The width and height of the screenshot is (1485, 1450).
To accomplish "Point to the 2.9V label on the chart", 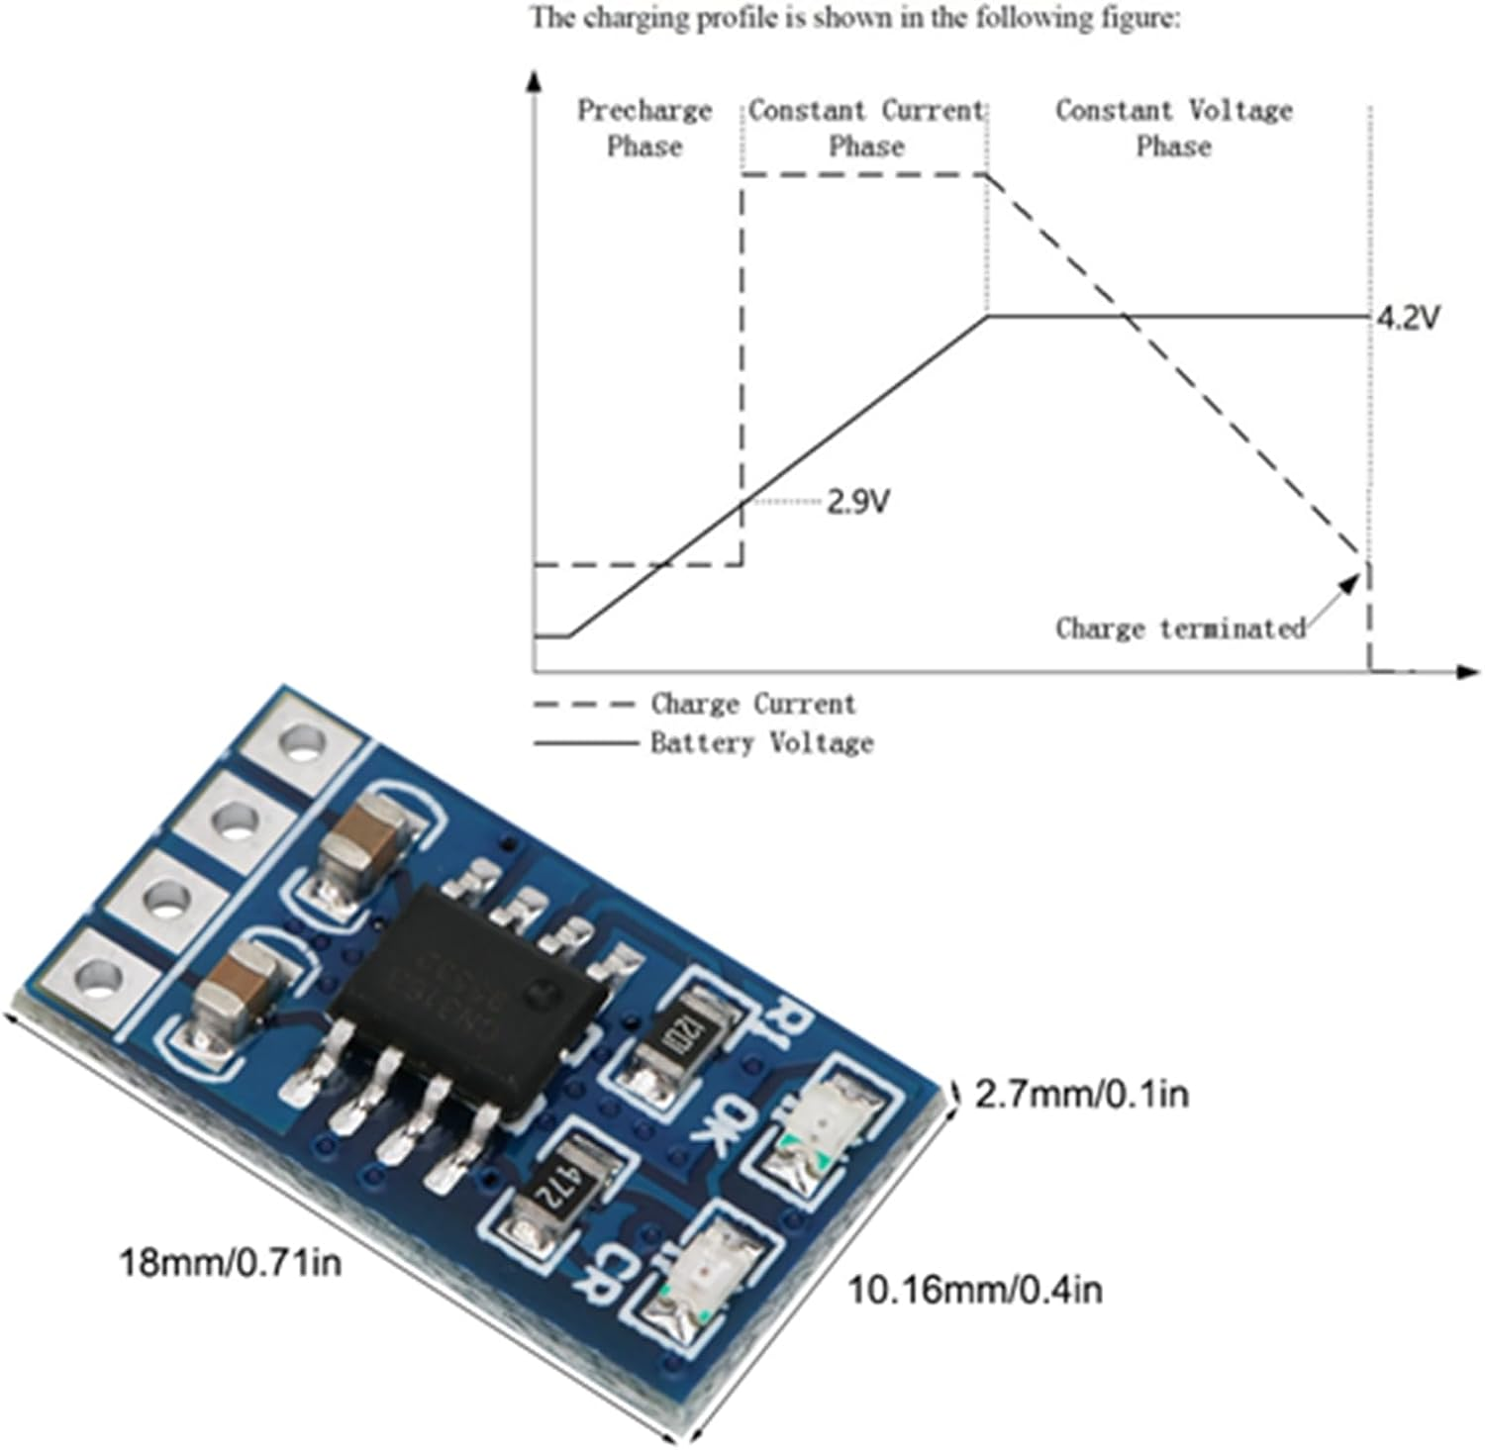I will (858, 503).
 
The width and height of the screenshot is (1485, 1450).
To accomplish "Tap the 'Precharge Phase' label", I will (644, 128).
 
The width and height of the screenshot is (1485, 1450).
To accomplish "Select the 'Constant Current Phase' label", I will (866, 128).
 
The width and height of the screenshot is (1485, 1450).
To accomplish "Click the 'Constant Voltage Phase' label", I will (1174, 128).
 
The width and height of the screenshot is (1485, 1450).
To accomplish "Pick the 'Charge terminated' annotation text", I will (1180, 628).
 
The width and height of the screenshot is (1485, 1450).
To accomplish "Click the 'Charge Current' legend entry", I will (752, 705).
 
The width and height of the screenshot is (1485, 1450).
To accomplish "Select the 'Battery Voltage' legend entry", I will (761, 742).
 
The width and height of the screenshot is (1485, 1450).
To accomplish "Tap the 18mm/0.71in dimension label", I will (230, 1263).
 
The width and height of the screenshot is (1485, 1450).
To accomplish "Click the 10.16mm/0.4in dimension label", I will (974, 1290).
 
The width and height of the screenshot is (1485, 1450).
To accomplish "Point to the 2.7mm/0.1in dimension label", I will (1081, 1094).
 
